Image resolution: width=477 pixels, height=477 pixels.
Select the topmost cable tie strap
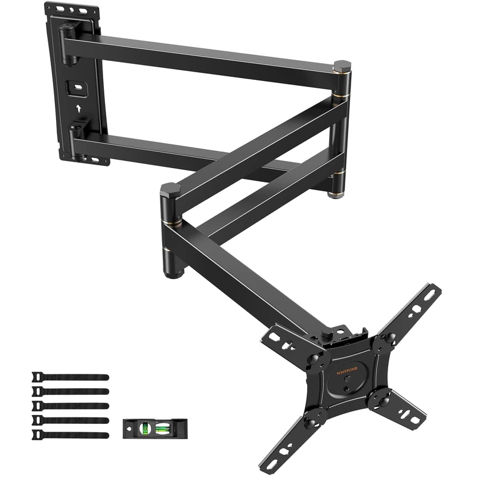[x=70, y=377]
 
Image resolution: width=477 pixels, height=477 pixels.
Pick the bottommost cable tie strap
[x=70, y=435]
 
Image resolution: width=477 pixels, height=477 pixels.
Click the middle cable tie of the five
[x=70, y=406]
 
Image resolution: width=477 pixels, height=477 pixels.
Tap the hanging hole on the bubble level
[x=129, y=427]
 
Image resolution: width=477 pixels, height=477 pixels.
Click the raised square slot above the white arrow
[x=76, y=88]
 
